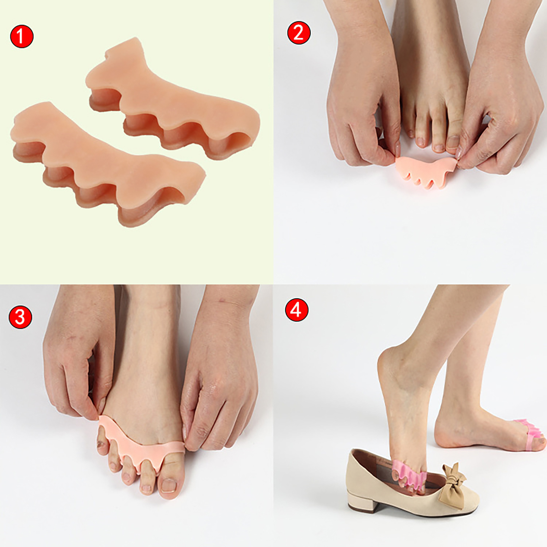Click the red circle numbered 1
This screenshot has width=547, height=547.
pos(22,36)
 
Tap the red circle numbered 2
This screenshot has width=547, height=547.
pos(299,33)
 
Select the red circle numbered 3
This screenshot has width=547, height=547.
pos(20,317)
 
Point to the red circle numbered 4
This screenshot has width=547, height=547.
pos(296,310)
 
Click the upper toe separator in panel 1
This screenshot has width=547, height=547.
pos(171,99)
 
